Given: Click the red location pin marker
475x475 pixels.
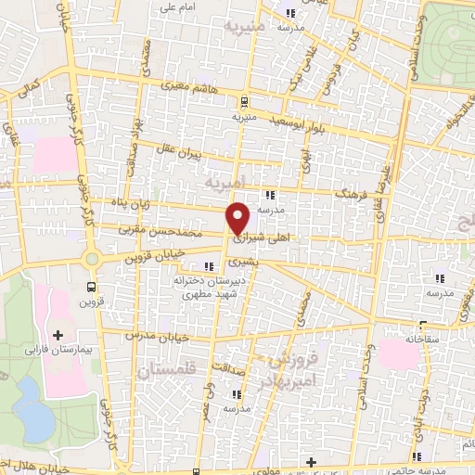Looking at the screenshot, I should pyautogui.click(x=238, y=218).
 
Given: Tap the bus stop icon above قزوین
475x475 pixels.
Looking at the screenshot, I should pyautogui.click(x=91, y=287).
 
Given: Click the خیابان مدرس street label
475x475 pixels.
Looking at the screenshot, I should pyautogui.click(x=144, y=332).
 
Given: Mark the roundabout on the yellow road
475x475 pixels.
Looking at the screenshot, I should pyautogui.click(x=91, y=260).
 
